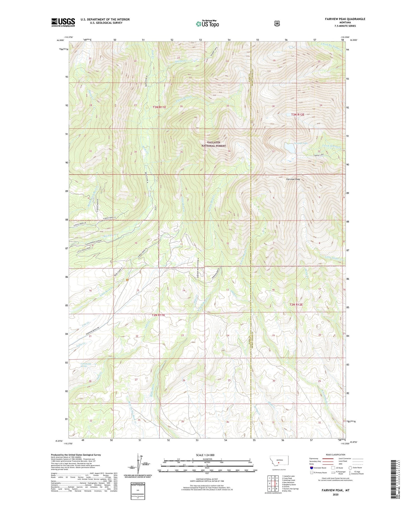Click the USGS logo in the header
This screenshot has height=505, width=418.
click(63, 22)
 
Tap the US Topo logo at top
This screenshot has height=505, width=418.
click(207, 24)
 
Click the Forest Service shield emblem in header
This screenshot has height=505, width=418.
click(277, 24)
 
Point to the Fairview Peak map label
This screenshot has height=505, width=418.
click(293, 179)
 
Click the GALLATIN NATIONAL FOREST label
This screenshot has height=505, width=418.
click(214, 144)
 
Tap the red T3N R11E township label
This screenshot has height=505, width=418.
click(159, 107)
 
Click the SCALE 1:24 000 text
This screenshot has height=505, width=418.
click(207, 455)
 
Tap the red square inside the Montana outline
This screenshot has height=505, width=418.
click(278, 463)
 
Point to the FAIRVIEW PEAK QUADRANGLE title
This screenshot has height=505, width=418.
click(343, 19)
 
